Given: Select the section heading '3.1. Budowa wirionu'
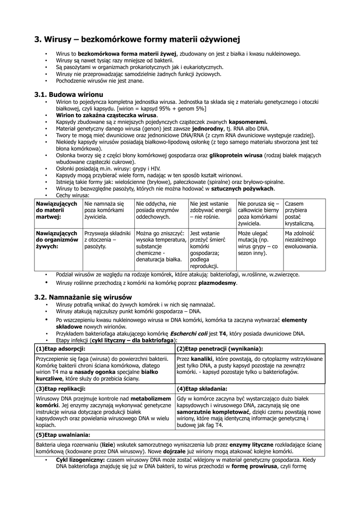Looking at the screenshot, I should (x=69, y=94).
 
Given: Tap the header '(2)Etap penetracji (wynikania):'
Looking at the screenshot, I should (x=220, y=348).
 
